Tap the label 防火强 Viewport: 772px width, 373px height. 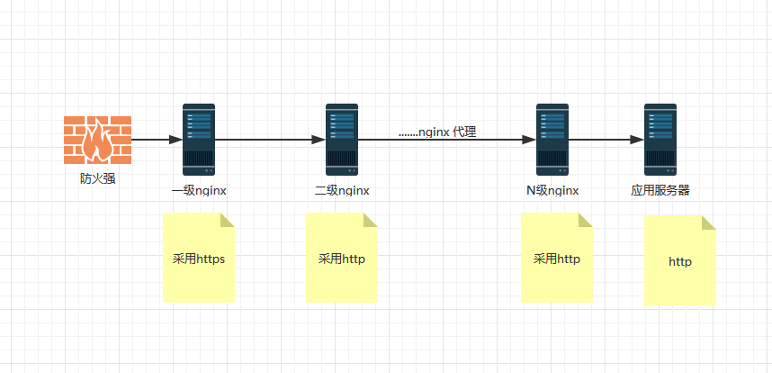click(97, 178)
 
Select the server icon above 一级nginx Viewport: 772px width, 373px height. click(199, 140)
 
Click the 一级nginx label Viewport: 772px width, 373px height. click(199, 191)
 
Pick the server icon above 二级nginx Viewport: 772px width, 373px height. click(342, 140)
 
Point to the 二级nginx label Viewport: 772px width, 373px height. click(342, 191)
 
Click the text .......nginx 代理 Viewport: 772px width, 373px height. click(437, 132)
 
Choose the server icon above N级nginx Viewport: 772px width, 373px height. click(552, 140)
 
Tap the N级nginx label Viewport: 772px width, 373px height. click(552, 191)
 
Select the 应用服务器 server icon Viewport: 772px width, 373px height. click(660, 140)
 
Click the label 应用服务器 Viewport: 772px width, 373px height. click(660, 191)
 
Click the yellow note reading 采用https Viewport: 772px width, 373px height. click(199, 258)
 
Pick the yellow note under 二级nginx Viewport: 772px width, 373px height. click(342, 258)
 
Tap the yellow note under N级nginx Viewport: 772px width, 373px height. click(557, 258)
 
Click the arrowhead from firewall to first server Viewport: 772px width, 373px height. click(175, 140)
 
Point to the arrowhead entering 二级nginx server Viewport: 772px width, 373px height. click(319, 140)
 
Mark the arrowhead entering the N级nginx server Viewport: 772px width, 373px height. click(529, 140)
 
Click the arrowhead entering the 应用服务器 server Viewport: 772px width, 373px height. click(637, 140)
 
